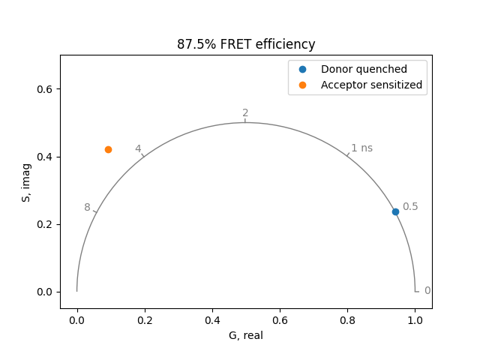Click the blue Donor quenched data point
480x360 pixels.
(x=395, y=211)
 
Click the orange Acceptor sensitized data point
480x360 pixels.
(x=108, y=149)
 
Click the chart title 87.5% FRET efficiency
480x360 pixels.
(x=246, y=44)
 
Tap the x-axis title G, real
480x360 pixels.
(x=246, y=335)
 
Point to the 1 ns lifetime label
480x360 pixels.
(x=361, y=148)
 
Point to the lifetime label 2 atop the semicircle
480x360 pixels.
(x=245, y=113)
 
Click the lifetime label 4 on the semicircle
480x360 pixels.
(x=138, y=148)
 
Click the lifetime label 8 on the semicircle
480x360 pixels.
(x=87, y=208)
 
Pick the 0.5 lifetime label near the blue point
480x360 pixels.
(x=410, y=207)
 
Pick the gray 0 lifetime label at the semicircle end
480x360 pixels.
(x=427, y=291)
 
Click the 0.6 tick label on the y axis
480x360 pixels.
(x=49, y=89)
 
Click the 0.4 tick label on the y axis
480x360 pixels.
(x=49, y=157)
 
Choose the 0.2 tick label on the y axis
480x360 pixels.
(x=49, y=224)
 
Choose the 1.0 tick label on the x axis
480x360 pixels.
(x=415, y=319)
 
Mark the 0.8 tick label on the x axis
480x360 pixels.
(x=347, y=319)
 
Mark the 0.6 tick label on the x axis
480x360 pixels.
(x=280, y=319)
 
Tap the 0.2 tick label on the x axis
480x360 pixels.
(x=145, y=319)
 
